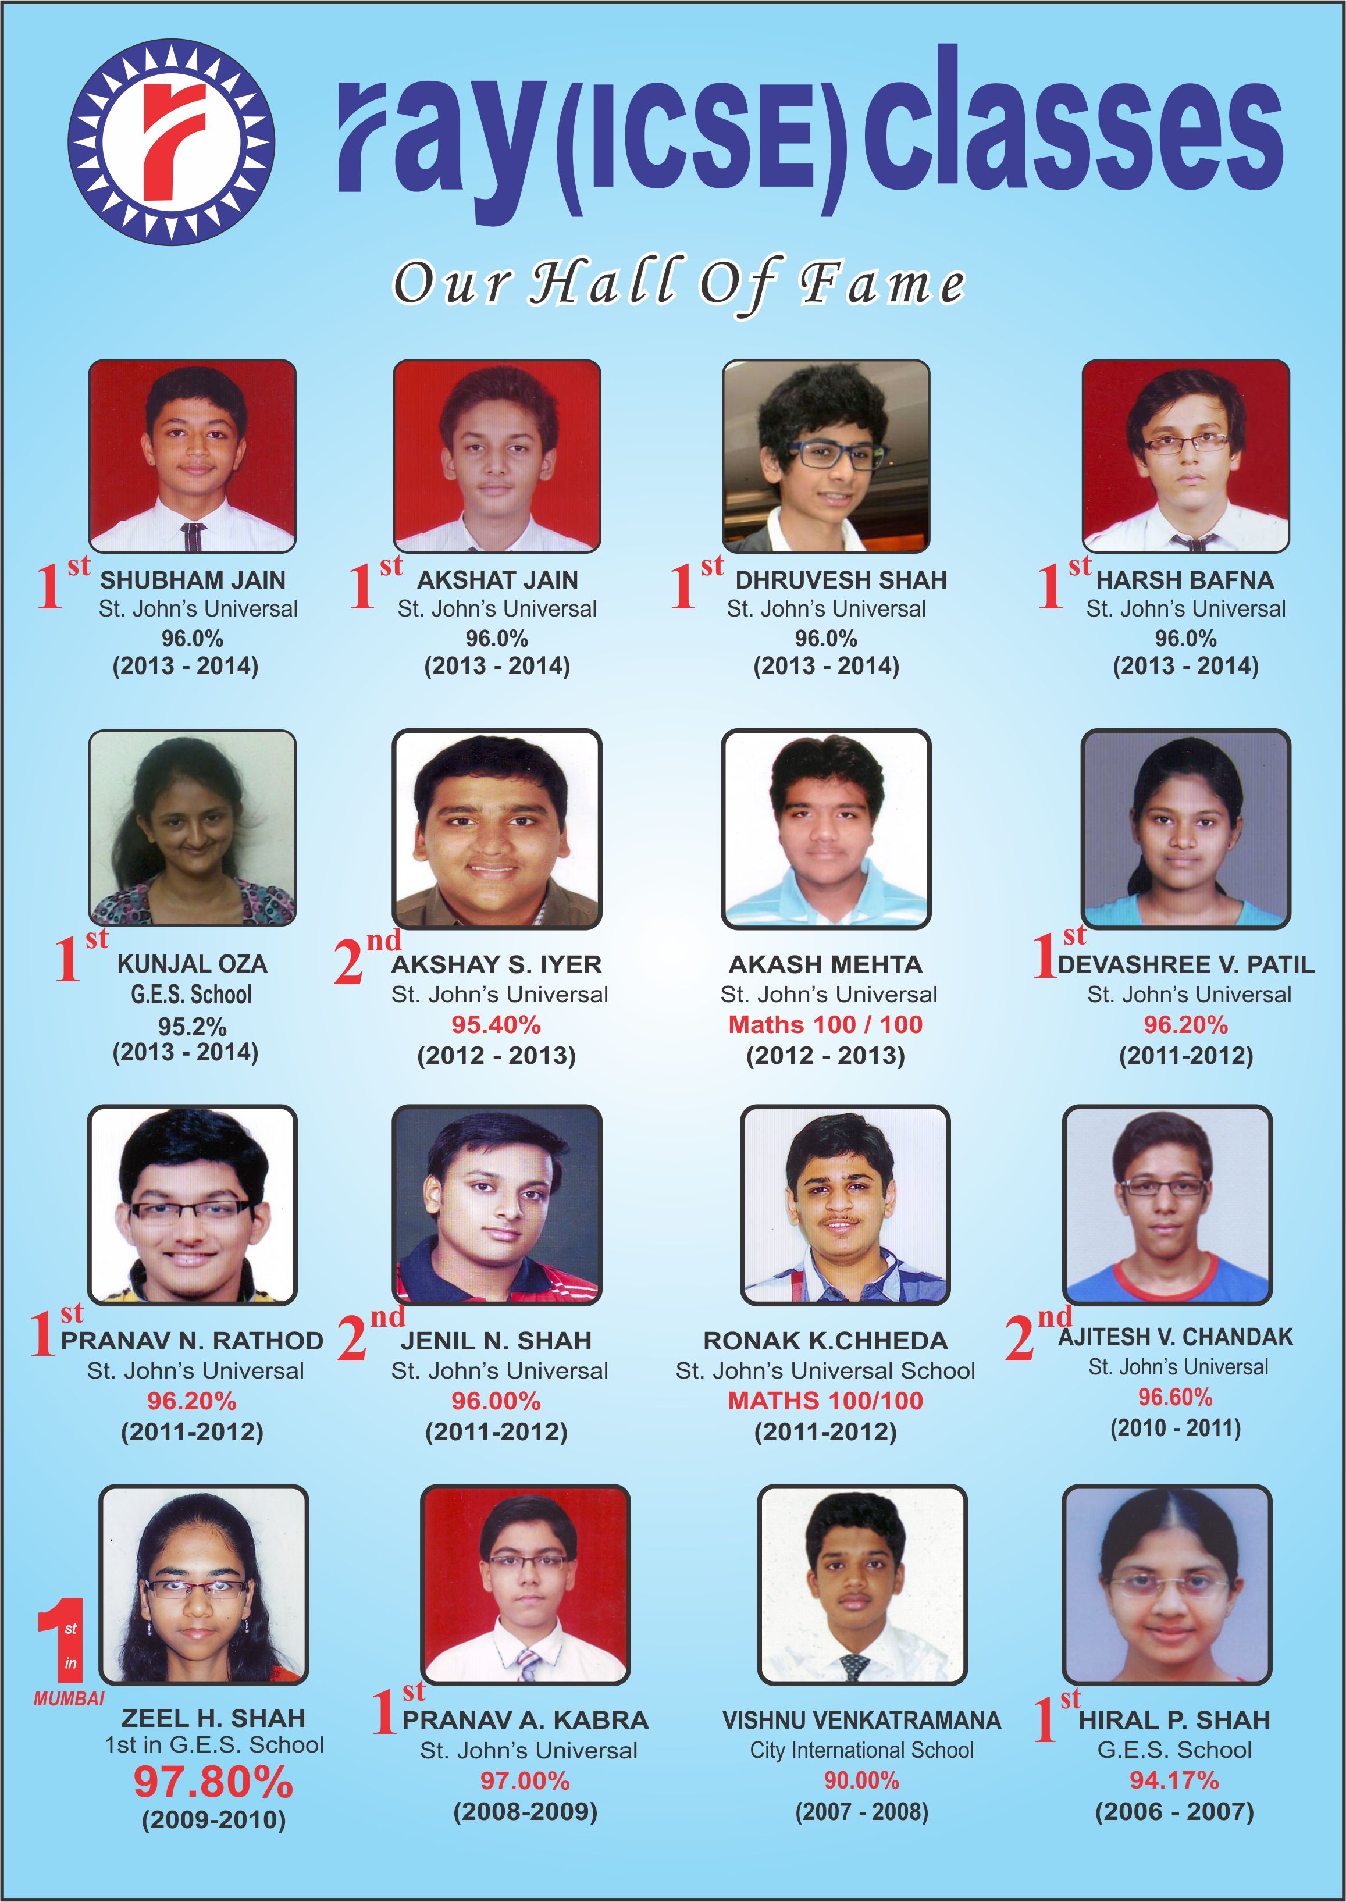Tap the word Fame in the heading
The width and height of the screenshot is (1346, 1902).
(x=882, y=284)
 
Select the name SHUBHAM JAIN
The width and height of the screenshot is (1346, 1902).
(x=193, y=580)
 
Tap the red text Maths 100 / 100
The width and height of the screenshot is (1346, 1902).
(x=825, y=1024)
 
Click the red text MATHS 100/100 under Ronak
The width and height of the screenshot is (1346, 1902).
(x=825, y=1401)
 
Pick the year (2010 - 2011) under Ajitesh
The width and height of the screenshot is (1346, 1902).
(x=1175, y=1428)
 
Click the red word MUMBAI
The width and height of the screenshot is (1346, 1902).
(x=69, y=1698)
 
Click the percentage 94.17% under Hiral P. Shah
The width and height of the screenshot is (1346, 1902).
(x=1174, y=1780)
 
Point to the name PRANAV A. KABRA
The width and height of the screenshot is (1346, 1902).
(x=525, y=1720)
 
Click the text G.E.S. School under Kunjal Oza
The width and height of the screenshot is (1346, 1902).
(x=191, y=995)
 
